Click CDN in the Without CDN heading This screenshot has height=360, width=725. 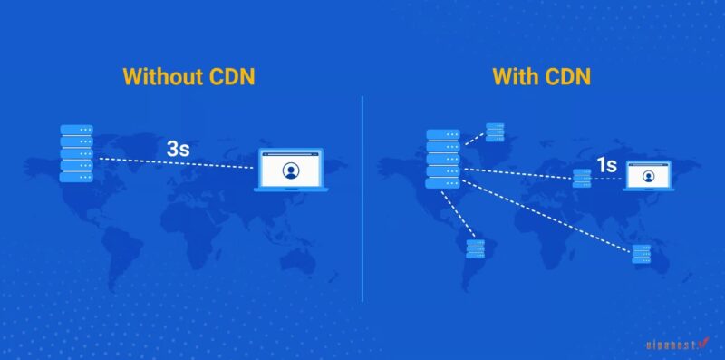(229, 76)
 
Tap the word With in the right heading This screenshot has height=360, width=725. (517, 76)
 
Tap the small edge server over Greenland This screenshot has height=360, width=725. (495, 132)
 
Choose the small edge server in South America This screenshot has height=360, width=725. (475, 249)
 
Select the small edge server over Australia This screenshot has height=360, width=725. (642, 254)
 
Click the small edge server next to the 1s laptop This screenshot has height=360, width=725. (582, 178)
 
